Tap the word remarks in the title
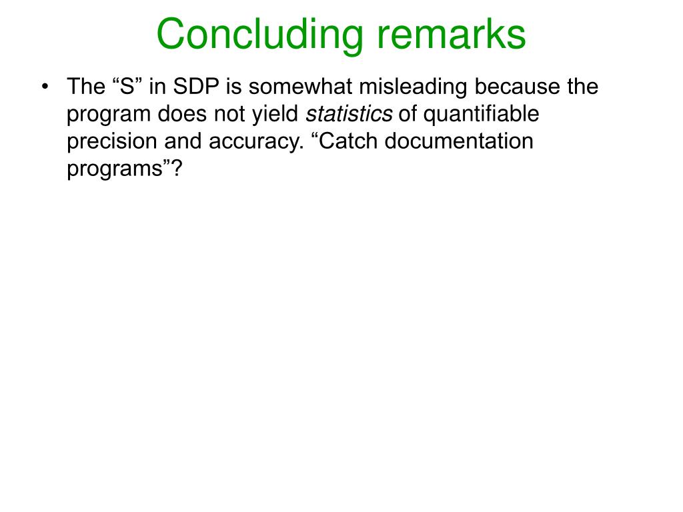point(452,35)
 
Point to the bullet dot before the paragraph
point(45,87)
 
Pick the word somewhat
point(300,86)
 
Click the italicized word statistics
point(349,114)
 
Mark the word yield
point(275,114)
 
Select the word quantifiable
point(482,114)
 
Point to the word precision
point(112,141)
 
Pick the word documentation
point(459,141)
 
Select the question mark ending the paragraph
point(177,168)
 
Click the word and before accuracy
point(183,141)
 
